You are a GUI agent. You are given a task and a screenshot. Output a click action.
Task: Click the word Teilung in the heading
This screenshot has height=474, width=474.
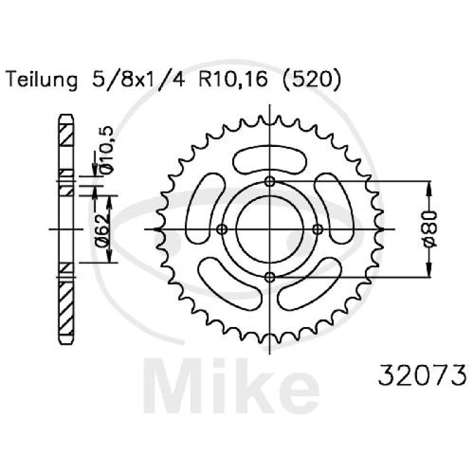pyautogui.click(x=41, y=81)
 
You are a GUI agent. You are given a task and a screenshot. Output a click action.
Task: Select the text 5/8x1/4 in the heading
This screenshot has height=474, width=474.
pyautogui.click(x=138, y=80)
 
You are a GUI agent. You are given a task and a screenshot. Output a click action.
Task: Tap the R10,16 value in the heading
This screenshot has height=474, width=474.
pyautogui.click(x=233, y=80)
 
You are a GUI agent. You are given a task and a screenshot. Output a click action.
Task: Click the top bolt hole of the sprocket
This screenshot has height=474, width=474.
pyautogui.click(x=270, y=181)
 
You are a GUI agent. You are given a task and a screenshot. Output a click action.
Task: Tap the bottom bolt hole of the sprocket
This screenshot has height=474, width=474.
pyautogui.click(x=270, y=277)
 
